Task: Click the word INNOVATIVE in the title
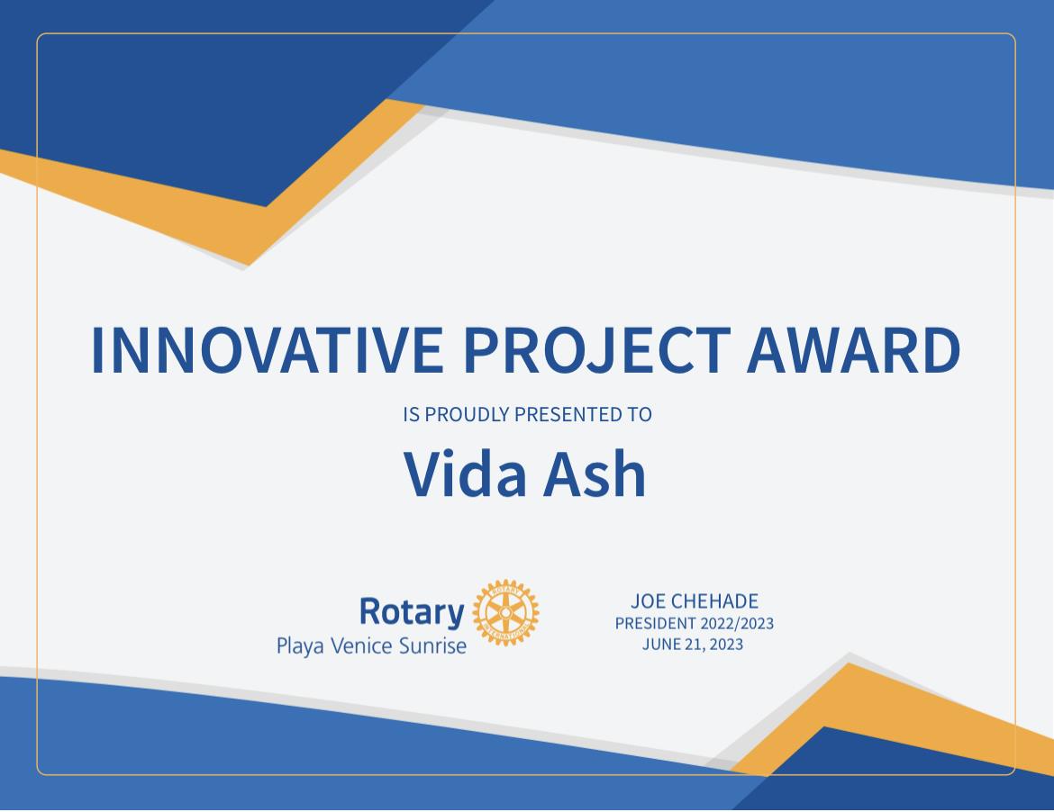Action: coord(267,349)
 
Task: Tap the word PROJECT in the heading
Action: coord(597,349)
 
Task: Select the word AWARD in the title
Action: coord(854,349)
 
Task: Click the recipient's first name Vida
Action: coord(465,474)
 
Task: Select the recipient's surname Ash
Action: coord(595,474)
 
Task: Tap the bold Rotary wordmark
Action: coord(412,612)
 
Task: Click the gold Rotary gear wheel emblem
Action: coord(505,612)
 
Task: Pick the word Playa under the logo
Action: coord(301,646)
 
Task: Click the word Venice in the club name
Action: coord(361,646)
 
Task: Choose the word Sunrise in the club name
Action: coord(433,646)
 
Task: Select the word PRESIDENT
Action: coord(656,623)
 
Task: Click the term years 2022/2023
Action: coord(738,623)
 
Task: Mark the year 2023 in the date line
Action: coord(726,644)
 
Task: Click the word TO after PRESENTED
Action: coord(641,414)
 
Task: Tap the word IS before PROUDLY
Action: coord(412,414)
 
